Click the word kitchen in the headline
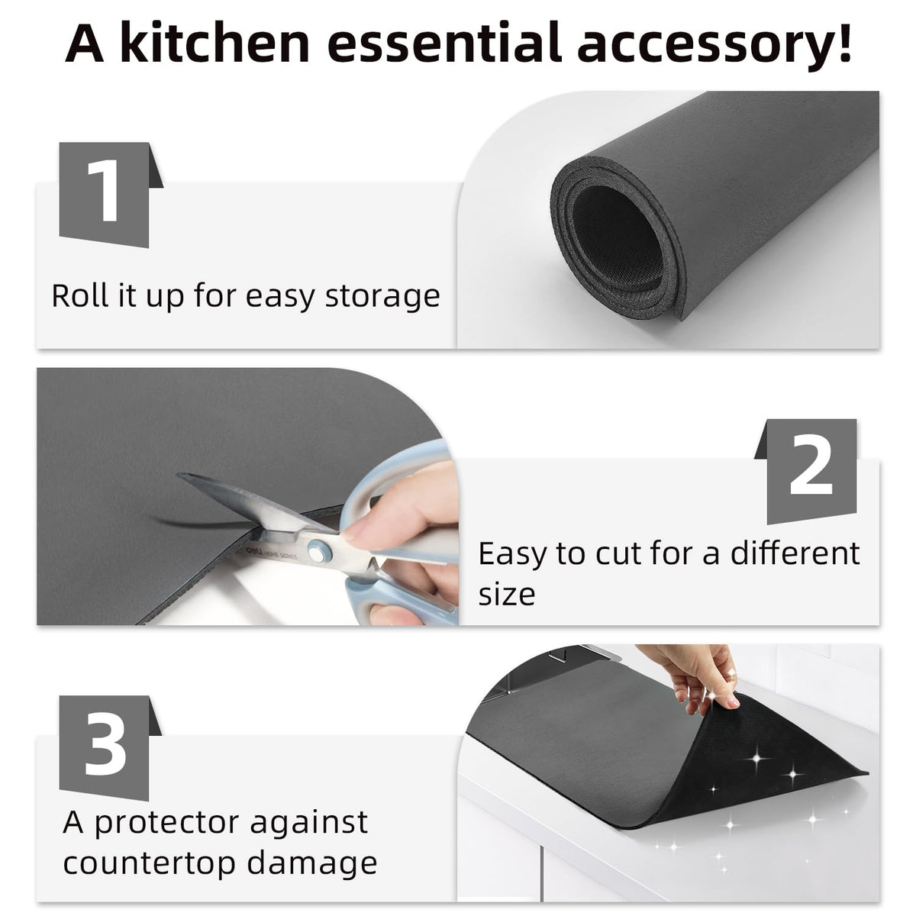click(x=214, y=43)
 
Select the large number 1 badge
click(x=111, y=195)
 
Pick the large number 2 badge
click(x=807, y=472)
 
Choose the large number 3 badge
click(x=110, y=748)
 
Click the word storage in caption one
click(x=382, y=298)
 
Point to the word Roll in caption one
click(x=80, y=295)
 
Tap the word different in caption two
click(x=795, y=553)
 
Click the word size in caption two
click(x=507, y=594)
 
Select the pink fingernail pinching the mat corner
click(x=732, y=701)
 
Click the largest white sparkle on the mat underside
click(x=756, y=759)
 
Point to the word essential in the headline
click(x=443, y=43)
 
